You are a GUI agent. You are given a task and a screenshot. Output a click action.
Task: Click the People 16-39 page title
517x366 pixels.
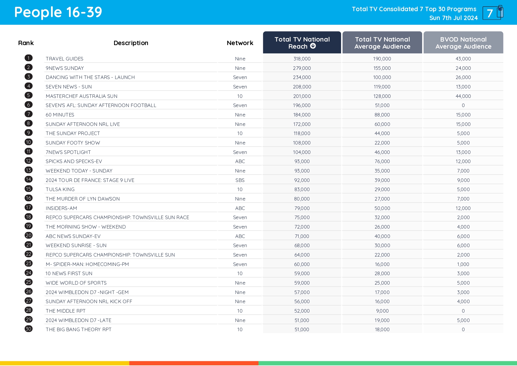[58, 12]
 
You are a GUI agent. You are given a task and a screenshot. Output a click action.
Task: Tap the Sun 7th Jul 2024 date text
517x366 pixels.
[453, 18]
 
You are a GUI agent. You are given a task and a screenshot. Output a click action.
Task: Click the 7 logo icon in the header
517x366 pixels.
[493, 13]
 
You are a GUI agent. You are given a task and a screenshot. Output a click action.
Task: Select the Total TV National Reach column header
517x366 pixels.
[302, 43]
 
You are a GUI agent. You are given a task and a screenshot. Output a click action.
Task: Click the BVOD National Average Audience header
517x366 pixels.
[463, 43]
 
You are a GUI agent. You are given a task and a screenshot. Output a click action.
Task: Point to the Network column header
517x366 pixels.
[240, 43]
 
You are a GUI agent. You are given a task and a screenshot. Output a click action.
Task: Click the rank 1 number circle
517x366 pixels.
[29, 58]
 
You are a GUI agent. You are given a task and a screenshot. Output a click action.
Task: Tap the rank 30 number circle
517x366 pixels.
[29, 329]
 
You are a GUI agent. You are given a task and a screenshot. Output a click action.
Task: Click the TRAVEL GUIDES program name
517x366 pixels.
[65, 59]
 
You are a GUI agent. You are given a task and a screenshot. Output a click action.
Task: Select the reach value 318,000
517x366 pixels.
[302, 59]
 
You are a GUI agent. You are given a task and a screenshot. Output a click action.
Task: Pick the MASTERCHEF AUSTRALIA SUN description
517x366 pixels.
[81, 96]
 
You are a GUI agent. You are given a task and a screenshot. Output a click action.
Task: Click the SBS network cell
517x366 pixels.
[240, 180]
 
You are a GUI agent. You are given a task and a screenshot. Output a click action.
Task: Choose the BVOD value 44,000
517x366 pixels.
[463, 96]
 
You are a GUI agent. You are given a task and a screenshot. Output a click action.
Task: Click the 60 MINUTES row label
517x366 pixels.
[60, 115]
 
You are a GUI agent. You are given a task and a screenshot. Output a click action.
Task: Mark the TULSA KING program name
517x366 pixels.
[60, 189]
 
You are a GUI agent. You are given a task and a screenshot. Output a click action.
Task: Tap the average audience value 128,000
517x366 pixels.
[382, 96]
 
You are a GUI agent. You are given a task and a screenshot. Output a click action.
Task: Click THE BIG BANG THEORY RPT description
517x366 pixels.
[78, 329]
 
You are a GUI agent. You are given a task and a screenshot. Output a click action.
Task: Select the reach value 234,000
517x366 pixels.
[302, 77]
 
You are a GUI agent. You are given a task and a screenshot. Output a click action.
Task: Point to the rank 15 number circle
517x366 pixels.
[29, 189]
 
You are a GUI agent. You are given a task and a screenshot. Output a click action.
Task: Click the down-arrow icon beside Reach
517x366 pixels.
[313, 46]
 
